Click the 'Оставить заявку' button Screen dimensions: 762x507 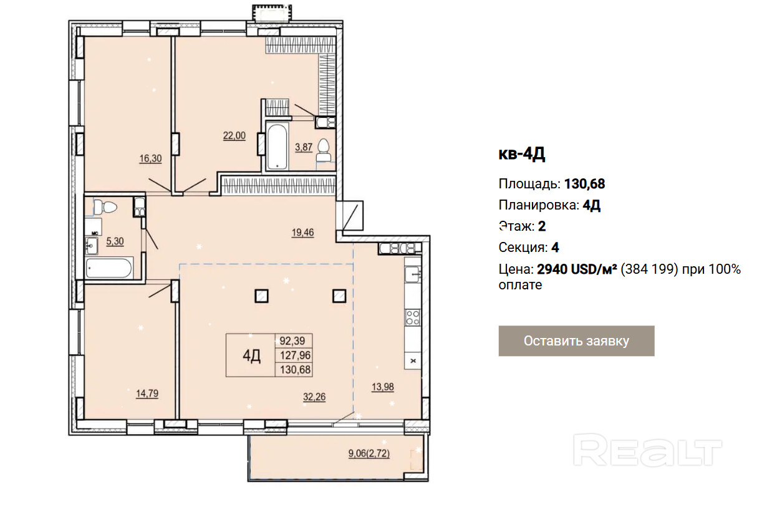pyautogui.click(x=576, y=341)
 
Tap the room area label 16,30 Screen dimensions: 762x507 pyautogui.click(x=150, y=158)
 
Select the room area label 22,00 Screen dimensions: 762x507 pyautogui.click(x=234, y=136)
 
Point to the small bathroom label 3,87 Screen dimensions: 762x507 pyautogui.click(x=304, y=147)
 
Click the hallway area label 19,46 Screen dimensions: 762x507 pyautogui.click(x=303, y=233)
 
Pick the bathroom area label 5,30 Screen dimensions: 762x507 pyautogui.click(x=115, y=241)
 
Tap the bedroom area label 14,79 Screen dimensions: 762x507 pyautogui.click(x=147, y=394)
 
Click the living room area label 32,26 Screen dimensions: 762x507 pyautogui.click(x=314, y=397)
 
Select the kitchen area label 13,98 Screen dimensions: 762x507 pyautogui.click(x=383, y=387)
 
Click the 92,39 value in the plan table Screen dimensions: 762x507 pyautogui.click(x=292, y=340)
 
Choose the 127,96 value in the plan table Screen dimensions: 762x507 pyautogui.click(x=295, y=355)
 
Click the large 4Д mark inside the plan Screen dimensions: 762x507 pyautogui.click(x=251, y=356)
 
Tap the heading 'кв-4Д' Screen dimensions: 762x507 pyautogui.click(x=522, y=155)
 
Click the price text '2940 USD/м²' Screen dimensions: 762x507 pyautogui.click(x=577, y=269)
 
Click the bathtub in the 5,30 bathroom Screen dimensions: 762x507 pyautogui.click(x=109, y=268)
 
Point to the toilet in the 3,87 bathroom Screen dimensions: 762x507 pyautogui.click(x=323, y=151)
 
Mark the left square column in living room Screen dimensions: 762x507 pyautogui.click(x=261, y=296)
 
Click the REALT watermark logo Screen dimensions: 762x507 pyautogui.click(x=647, y=450)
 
